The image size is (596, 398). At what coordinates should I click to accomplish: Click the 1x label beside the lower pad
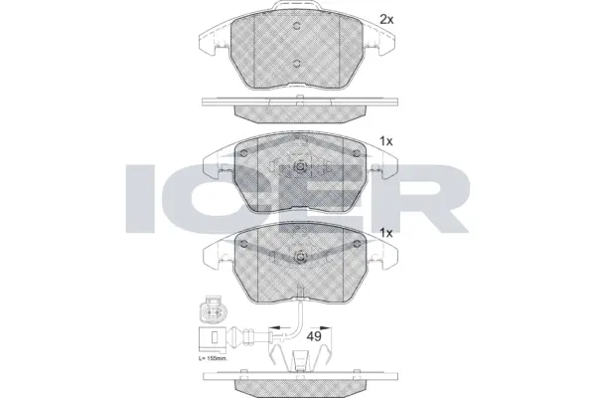(x=387, y=232)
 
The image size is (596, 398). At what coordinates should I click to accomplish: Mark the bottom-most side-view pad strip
(x=298, y=381)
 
